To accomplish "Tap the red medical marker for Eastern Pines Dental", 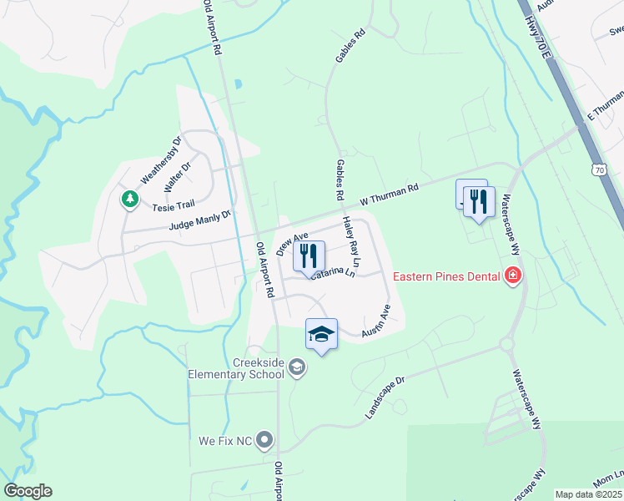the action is coord(512,276).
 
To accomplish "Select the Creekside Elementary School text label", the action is coord(238,368).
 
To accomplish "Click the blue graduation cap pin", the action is coord(321,335).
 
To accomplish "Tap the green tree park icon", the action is coord(129,199).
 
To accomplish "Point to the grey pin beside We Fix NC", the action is coord(265,438).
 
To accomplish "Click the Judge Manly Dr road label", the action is coord(199,221).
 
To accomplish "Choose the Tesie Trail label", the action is coord(173,204).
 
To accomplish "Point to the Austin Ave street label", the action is coord(376,321).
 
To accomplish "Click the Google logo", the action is coord(28,491).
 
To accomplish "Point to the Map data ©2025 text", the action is coord(587,494).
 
